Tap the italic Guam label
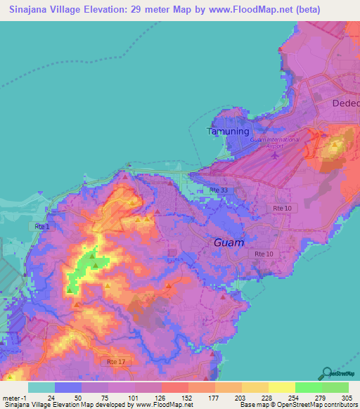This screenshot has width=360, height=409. pyautogui.click(x=229, y=242)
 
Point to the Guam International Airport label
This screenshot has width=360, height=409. pyautogui.click(x=275, y=143)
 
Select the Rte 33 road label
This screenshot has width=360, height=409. pyautogui.click(x=219, y=190)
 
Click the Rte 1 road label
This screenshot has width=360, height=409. pyautogui.click(x=41, y=226)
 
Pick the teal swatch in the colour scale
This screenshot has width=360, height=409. pyautogui.click(x=41, y=387)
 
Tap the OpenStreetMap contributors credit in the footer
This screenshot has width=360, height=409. pyautogui.click(x=316, y=405)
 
